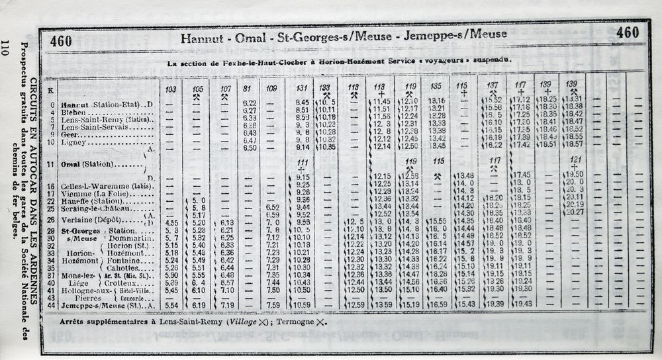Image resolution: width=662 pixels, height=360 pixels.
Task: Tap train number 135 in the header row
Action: [435, 86]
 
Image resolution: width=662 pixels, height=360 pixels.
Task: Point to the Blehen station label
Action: [73, 112]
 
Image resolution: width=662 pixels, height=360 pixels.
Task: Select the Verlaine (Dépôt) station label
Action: [90, 220]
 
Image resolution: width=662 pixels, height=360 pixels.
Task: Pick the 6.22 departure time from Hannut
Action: [250, 103]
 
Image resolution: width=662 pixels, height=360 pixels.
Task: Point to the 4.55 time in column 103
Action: [171, 223]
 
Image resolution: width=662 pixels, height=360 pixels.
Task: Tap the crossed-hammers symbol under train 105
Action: [197, 96]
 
